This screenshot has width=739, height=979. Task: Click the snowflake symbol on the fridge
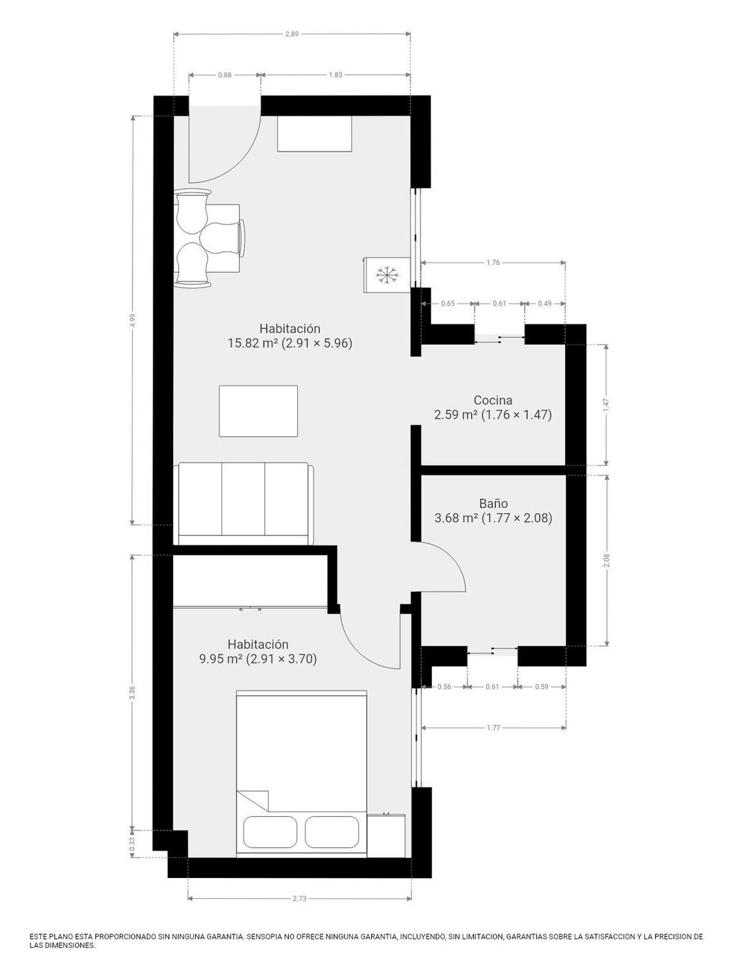pyautogui.click(x=386, y=275)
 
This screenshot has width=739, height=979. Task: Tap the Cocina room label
pyautogui.click(x=493, y=400)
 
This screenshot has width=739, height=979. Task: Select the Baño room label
pyautogui.click(x=493, y=503)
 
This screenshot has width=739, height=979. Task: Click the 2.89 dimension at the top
pyautogui.click(x=292, y=34)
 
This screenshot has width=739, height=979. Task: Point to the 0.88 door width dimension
pyautogui.click(x=225, y=75)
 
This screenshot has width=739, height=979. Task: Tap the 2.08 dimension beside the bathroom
pyautogui.click(x=606, y=560)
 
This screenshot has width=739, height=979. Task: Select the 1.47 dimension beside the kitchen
pyautogui.click(x=606, y=405)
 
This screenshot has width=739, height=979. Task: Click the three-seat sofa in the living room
pyautogui.click(x=245, y=503)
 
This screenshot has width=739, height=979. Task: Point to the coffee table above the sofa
pyautogui.click(x=258, y=411)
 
